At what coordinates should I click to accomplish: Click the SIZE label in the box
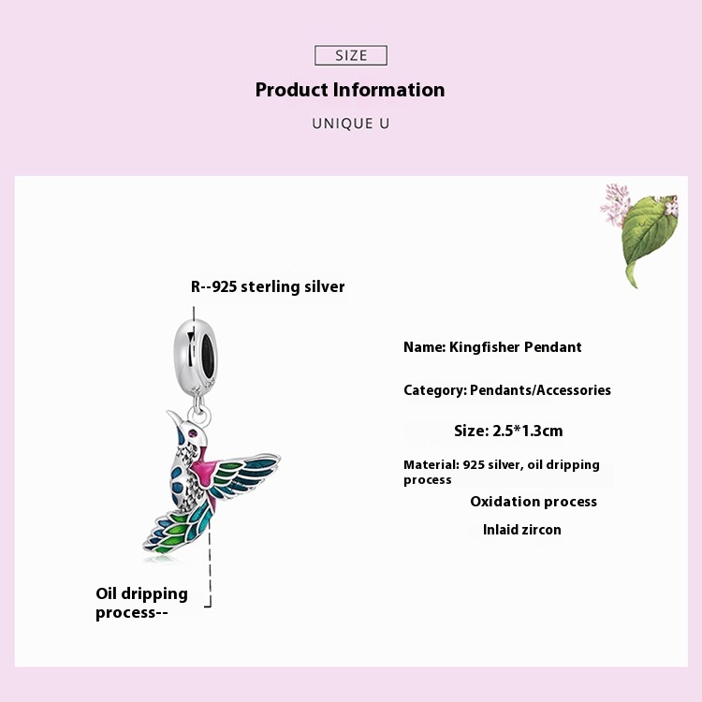[351, 55]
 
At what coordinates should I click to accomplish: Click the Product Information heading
[350, 90]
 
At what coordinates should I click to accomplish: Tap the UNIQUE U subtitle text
[351, 124]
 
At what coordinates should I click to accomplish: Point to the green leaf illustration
[650, 238]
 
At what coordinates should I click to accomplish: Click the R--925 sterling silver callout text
[268, 286]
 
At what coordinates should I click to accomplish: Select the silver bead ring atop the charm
[196, 354]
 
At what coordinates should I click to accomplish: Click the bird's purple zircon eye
[194, 433]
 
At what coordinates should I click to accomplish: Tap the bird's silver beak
[175, 417]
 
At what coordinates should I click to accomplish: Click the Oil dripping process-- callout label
[141, 603]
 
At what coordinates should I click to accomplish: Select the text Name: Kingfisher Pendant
[492, 347]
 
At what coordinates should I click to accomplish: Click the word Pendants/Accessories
[540, 390]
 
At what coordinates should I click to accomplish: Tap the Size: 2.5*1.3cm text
[508, 431]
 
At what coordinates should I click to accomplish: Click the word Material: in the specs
[431, 464]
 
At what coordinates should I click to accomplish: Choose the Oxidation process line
[534, 502]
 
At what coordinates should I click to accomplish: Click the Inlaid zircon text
[521, 530]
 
